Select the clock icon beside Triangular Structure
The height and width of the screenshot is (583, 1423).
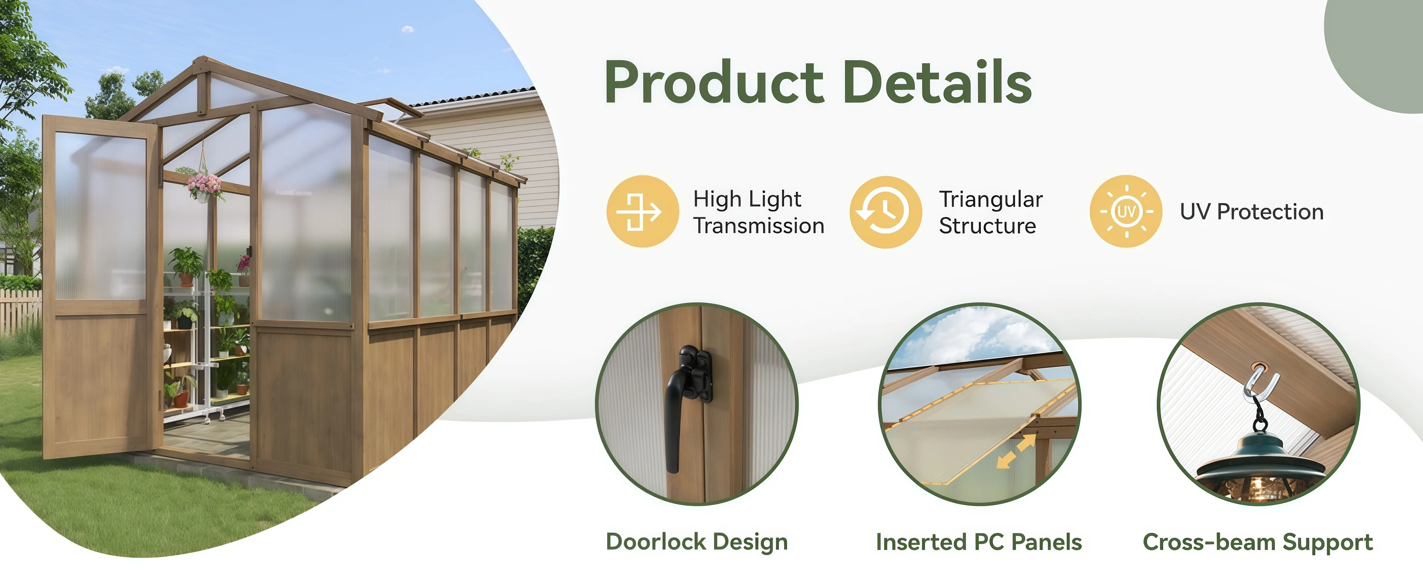886,212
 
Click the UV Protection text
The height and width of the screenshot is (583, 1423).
1252,212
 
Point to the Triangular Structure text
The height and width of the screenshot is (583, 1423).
991,212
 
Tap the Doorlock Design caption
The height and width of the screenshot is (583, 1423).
697,542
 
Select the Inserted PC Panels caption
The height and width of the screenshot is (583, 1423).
979,542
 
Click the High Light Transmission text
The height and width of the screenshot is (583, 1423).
758,212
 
